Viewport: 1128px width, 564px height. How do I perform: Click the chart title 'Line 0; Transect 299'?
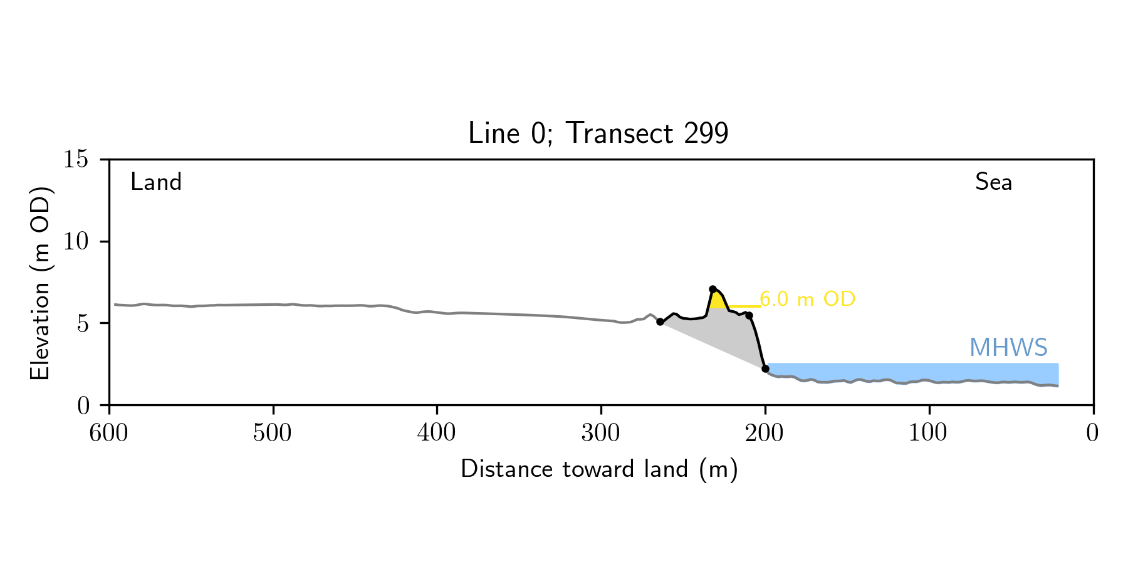598,133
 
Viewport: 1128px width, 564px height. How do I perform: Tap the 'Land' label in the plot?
156,182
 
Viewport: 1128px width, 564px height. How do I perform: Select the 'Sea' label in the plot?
993,182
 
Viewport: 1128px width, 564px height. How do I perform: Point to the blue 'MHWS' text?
1008,348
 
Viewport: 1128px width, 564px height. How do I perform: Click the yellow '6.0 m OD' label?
807,300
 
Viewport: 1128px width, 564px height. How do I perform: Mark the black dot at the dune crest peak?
713,289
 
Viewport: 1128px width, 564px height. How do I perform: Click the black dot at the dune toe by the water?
765,368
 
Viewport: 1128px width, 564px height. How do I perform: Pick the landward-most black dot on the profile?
660,321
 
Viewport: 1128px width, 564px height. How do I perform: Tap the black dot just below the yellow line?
749,315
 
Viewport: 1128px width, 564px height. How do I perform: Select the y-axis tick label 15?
75,160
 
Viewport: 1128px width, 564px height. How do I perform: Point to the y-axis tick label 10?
75,242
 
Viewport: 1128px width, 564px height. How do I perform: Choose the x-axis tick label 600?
109,433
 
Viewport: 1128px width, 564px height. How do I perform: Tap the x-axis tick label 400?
437,433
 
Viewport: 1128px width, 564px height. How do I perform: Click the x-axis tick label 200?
765,433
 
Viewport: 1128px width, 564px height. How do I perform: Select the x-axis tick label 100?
929,433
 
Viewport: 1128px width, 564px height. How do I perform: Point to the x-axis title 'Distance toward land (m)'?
598,469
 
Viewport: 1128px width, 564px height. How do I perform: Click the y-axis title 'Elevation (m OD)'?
40,283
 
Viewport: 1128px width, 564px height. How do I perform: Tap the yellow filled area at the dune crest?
718,300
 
